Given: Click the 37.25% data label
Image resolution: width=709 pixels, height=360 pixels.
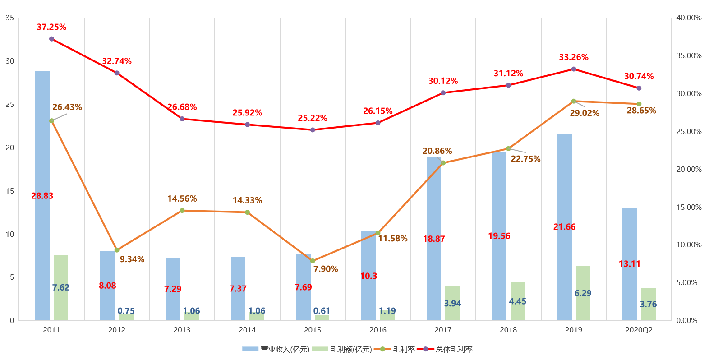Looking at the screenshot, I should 51,27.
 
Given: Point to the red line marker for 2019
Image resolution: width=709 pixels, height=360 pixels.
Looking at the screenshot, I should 574,69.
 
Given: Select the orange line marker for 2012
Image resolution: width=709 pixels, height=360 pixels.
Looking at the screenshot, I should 117,250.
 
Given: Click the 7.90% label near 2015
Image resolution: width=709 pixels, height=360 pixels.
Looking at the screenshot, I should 326,269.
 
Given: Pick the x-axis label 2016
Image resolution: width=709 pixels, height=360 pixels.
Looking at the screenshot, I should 378,330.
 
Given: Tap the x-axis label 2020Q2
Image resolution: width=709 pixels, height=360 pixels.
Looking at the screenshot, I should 639,330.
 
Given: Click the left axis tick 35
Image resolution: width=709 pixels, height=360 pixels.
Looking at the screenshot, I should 10,18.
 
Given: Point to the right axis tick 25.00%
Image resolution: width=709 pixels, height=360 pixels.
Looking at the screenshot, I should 689,131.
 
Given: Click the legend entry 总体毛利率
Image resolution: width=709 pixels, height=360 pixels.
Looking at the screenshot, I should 454,349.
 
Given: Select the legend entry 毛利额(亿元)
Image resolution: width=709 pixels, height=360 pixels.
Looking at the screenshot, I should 351,349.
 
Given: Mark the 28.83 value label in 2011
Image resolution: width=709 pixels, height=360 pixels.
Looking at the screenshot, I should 42,196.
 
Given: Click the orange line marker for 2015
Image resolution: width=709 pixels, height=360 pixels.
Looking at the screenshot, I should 313,261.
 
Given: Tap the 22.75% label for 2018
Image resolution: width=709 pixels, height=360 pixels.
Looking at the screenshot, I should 525,159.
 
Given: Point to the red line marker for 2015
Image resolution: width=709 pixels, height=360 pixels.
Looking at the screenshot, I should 313,130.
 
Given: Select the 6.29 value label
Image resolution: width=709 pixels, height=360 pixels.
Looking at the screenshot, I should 583,293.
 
